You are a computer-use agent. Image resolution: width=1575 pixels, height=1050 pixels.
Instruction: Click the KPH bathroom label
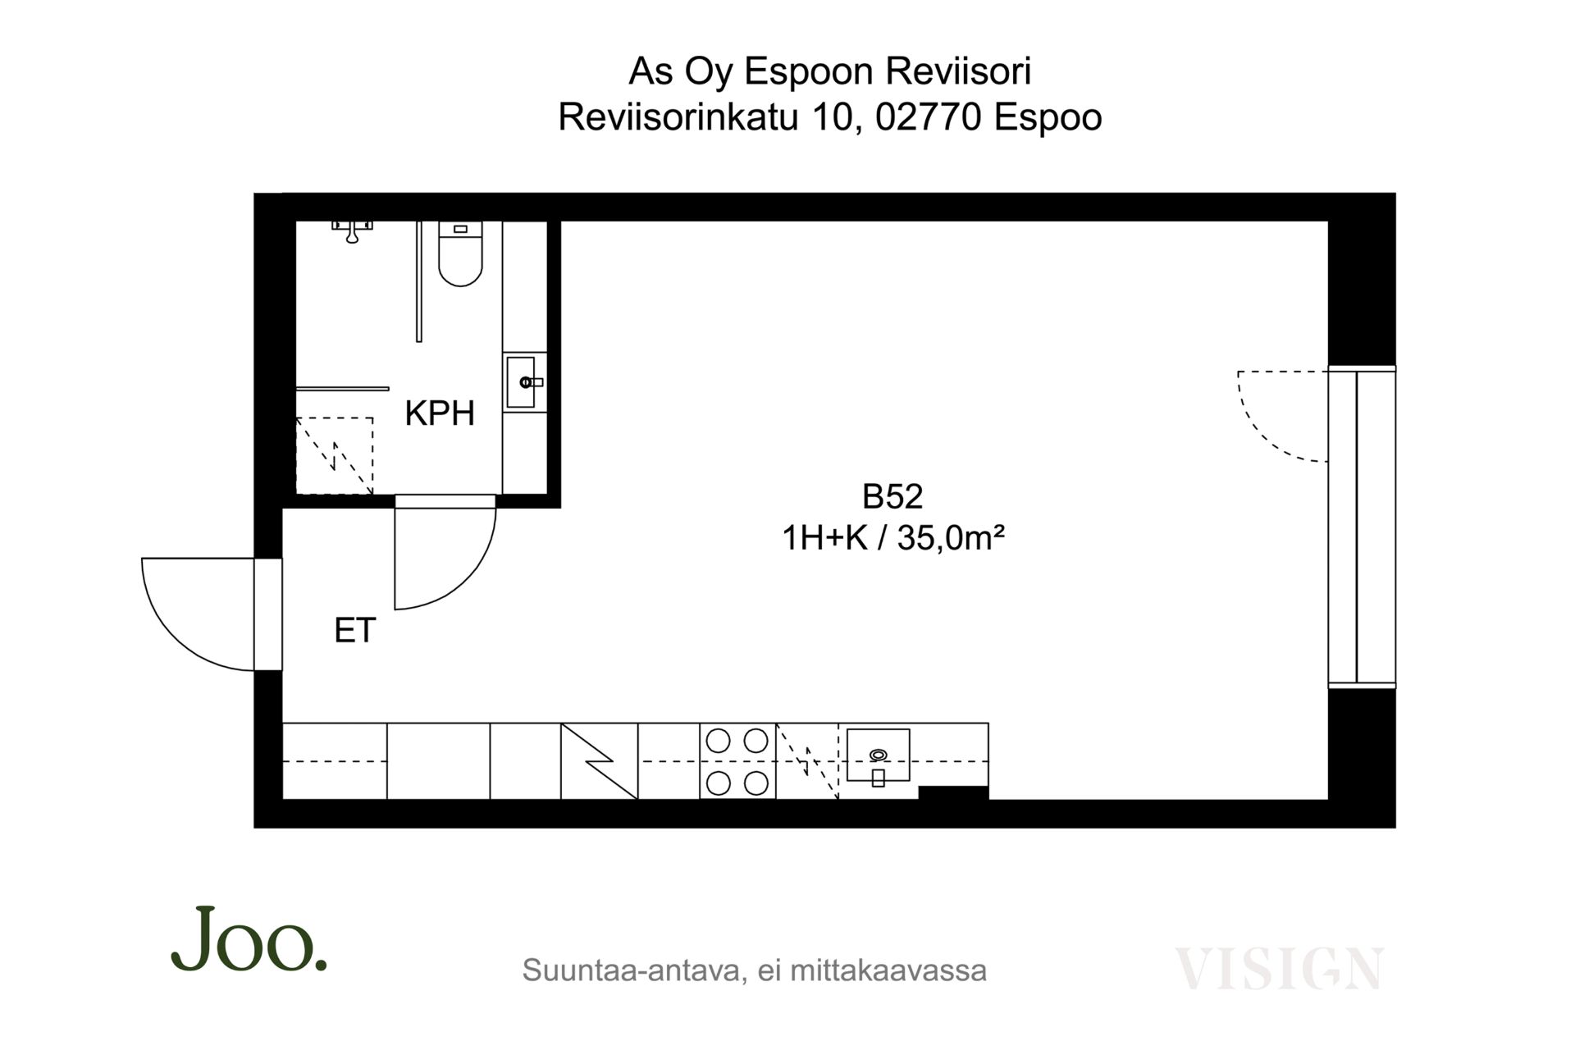pos(440,413)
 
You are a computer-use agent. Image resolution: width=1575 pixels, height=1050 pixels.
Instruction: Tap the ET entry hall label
pos(355,630)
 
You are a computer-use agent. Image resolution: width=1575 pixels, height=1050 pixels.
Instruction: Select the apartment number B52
pos(892,496)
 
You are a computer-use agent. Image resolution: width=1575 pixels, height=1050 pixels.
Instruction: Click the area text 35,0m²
pos(952,539)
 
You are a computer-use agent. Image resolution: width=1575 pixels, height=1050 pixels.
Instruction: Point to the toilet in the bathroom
pos(460,253)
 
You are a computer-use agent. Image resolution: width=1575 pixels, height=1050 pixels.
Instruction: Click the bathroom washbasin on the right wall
pos(525,381)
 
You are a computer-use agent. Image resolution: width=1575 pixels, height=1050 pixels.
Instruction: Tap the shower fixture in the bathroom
pos(352,231)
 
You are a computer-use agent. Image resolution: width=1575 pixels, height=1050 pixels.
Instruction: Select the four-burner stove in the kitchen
pos(737,761)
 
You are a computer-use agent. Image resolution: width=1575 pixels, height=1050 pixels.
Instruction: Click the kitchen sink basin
pos(878,755)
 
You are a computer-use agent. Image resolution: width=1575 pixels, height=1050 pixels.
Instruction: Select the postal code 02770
pos(929,117)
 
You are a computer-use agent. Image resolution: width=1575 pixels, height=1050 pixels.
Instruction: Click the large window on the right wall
pos(1362,527)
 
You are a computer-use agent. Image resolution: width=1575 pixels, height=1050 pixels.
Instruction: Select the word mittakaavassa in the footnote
pos(888,970)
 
